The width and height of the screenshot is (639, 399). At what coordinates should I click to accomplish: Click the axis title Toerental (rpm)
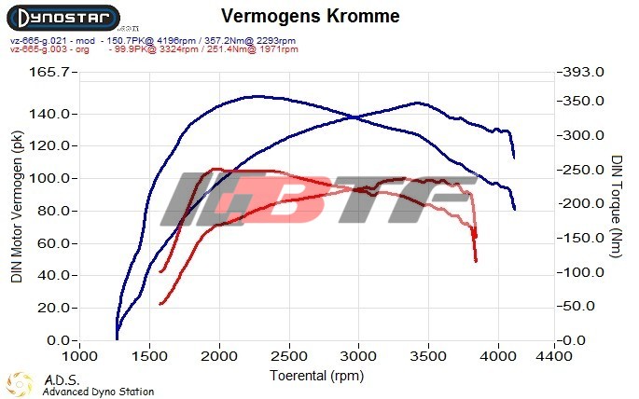pyautogui.click(x=316, y=375)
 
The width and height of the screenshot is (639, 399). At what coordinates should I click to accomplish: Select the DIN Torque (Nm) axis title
pyautogui.click(x=617, y=206)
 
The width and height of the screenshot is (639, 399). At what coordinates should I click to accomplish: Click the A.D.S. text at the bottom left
pyautogui.click(x=62, y=379)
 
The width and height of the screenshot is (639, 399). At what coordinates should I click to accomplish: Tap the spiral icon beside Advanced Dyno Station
pyautogui.click(x=21, y=383)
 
